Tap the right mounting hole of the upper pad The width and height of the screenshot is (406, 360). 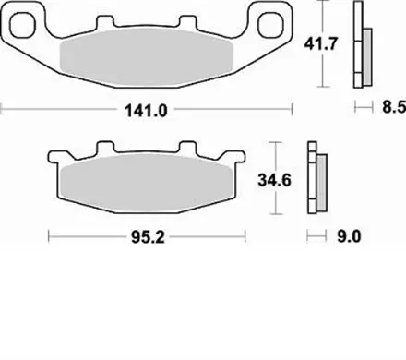(x=274, y=25)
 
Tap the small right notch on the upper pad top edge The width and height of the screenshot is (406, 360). (x=190, y=22)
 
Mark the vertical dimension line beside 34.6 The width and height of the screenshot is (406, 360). (x=273, y=179)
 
